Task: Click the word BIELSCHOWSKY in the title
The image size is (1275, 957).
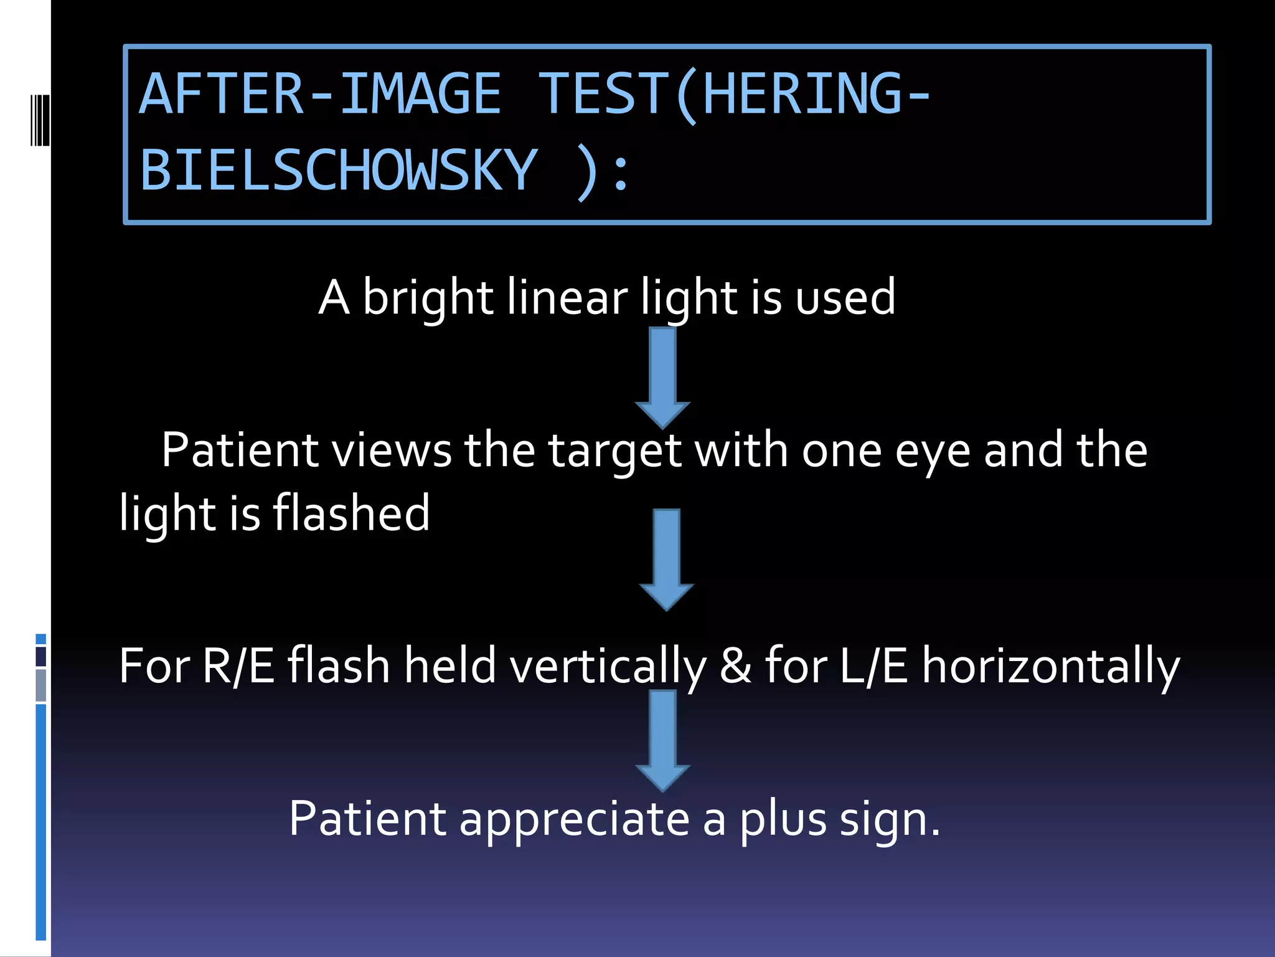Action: [x=338, y=170]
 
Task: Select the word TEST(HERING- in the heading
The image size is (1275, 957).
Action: [x=735, y=95]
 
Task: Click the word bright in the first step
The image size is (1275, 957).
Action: [x=428, y=297]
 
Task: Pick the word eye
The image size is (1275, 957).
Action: [x=932, y=450]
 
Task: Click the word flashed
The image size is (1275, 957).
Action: [x=351, y=513]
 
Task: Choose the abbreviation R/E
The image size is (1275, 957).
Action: [x=238, y=665]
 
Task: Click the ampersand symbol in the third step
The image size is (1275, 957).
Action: [x=735, y=665]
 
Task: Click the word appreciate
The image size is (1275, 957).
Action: [x=574, y=819]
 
